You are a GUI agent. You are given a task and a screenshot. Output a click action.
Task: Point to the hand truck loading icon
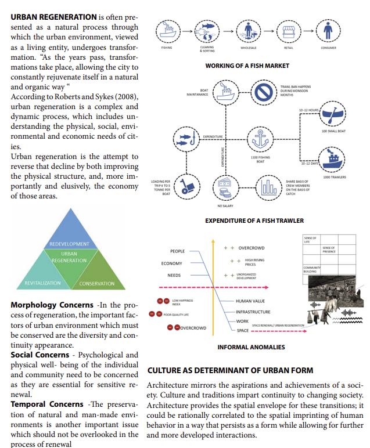(x=188, y=186)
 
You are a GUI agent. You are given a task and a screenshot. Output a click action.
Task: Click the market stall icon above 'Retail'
(x=289, y=30)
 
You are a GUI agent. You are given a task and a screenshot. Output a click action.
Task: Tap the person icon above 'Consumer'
(x=329, y=30)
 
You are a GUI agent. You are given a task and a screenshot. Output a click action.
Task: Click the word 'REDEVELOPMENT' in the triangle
(x=69, y=244)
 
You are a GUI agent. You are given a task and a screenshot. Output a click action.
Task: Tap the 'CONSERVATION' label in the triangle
(x=97, y=283)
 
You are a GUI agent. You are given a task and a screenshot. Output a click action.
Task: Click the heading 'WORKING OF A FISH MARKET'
(x=247, y=66)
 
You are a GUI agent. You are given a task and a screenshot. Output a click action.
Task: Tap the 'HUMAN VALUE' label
(x=250, y=301)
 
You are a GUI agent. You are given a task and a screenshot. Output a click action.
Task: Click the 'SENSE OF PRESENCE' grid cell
(x=329, y=250)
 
